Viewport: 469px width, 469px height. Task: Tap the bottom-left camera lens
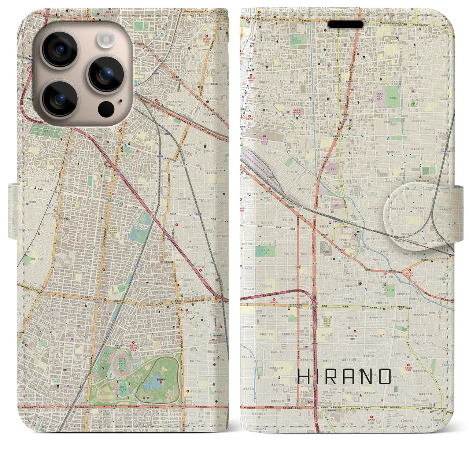point(59,98)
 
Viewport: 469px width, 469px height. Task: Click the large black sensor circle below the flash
point(106,109)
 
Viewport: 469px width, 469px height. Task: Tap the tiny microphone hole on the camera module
point(121,101)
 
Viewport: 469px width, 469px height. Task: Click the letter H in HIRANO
point(305,376)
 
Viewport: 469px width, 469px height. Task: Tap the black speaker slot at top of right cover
point(346,24)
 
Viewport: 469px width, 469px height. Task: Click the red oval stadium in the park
point(121,363)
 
